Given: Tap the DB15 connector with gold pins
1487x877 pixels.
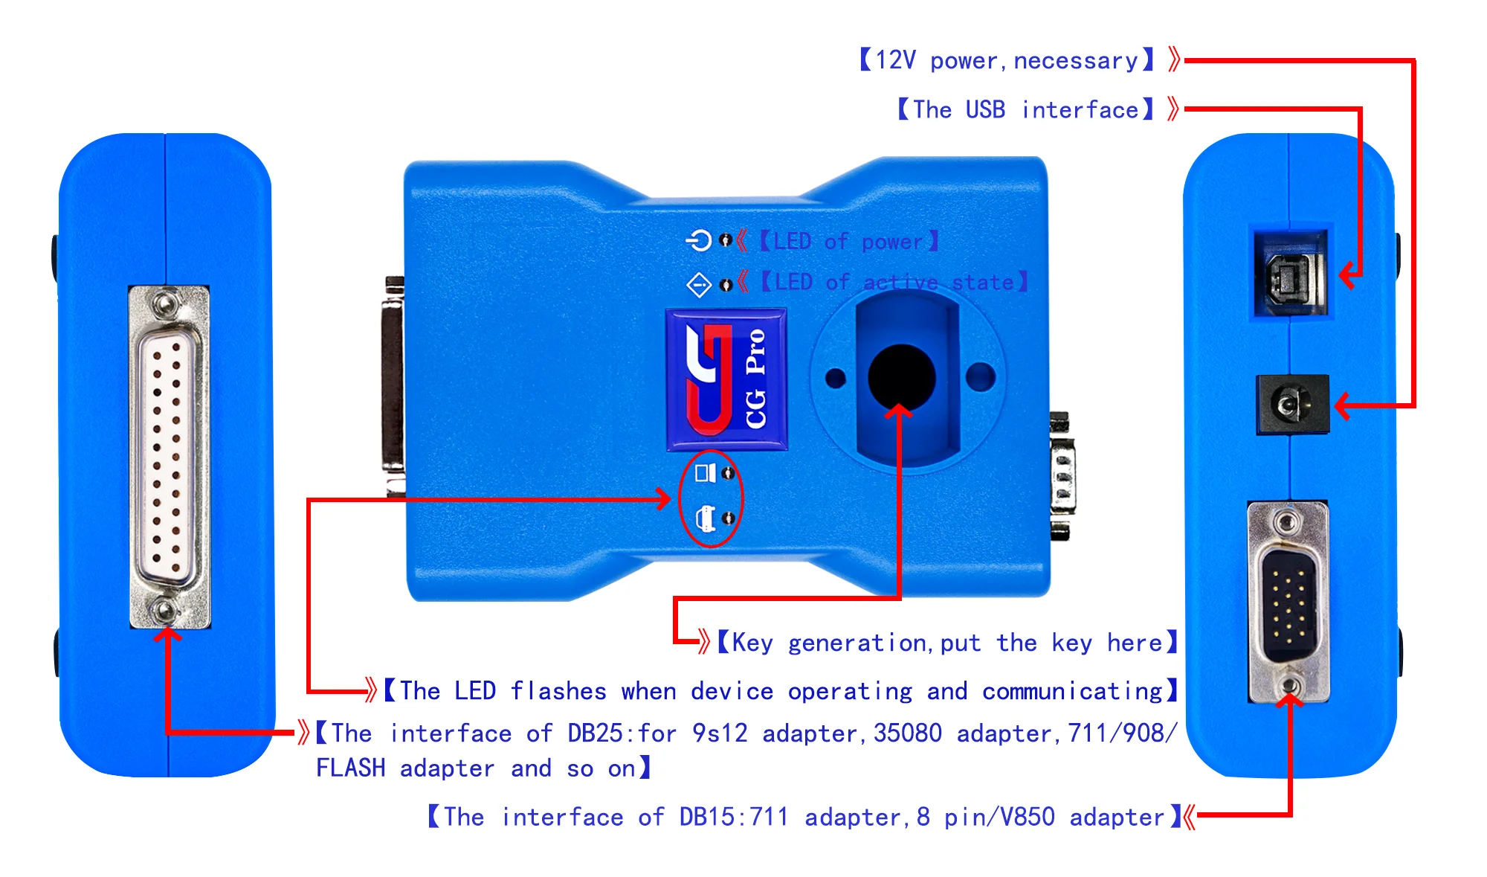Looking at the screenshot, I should pyautogui.click(x=1288, y=603).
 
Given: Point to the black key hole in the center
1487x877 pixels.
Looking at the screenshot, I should pyautogui.click(x=901, y=376).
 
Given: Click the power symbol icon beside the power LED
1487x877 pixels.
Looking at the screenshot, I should pyautogui.click(x=699, y=240).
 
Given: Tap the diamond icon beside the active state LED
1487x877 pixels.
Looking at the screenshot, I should pyautogui.click(x=699, y=284).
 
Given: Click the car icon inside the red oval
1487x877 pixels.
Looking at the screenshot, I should pyautogui.click(x=705, y=518).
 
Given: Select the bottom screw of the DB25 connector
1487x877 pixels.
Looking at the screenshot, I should pyautogui.click(x=164, y=611).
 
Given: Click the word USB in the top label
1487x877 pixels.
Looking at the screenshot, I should pyautogui.click(x=985, y=110).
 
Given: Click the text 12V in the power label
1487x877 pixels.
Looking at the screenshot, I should pyautogui.click(x=895, y=60).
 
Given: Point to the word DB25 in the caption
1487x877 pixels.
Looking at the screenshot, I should pyautogui.click(x=595, y=733).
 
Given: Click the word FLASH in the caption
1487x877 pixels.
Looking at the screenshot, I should pyautogui.click(x=350, y=768).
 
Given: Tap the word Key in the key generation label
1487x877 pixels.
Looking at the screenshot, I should pyautogui.click(x=752, y=643).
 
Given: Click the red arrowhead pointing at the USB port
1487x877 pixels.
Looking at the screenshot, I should pyautogui.click(x=1347, y=275).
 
